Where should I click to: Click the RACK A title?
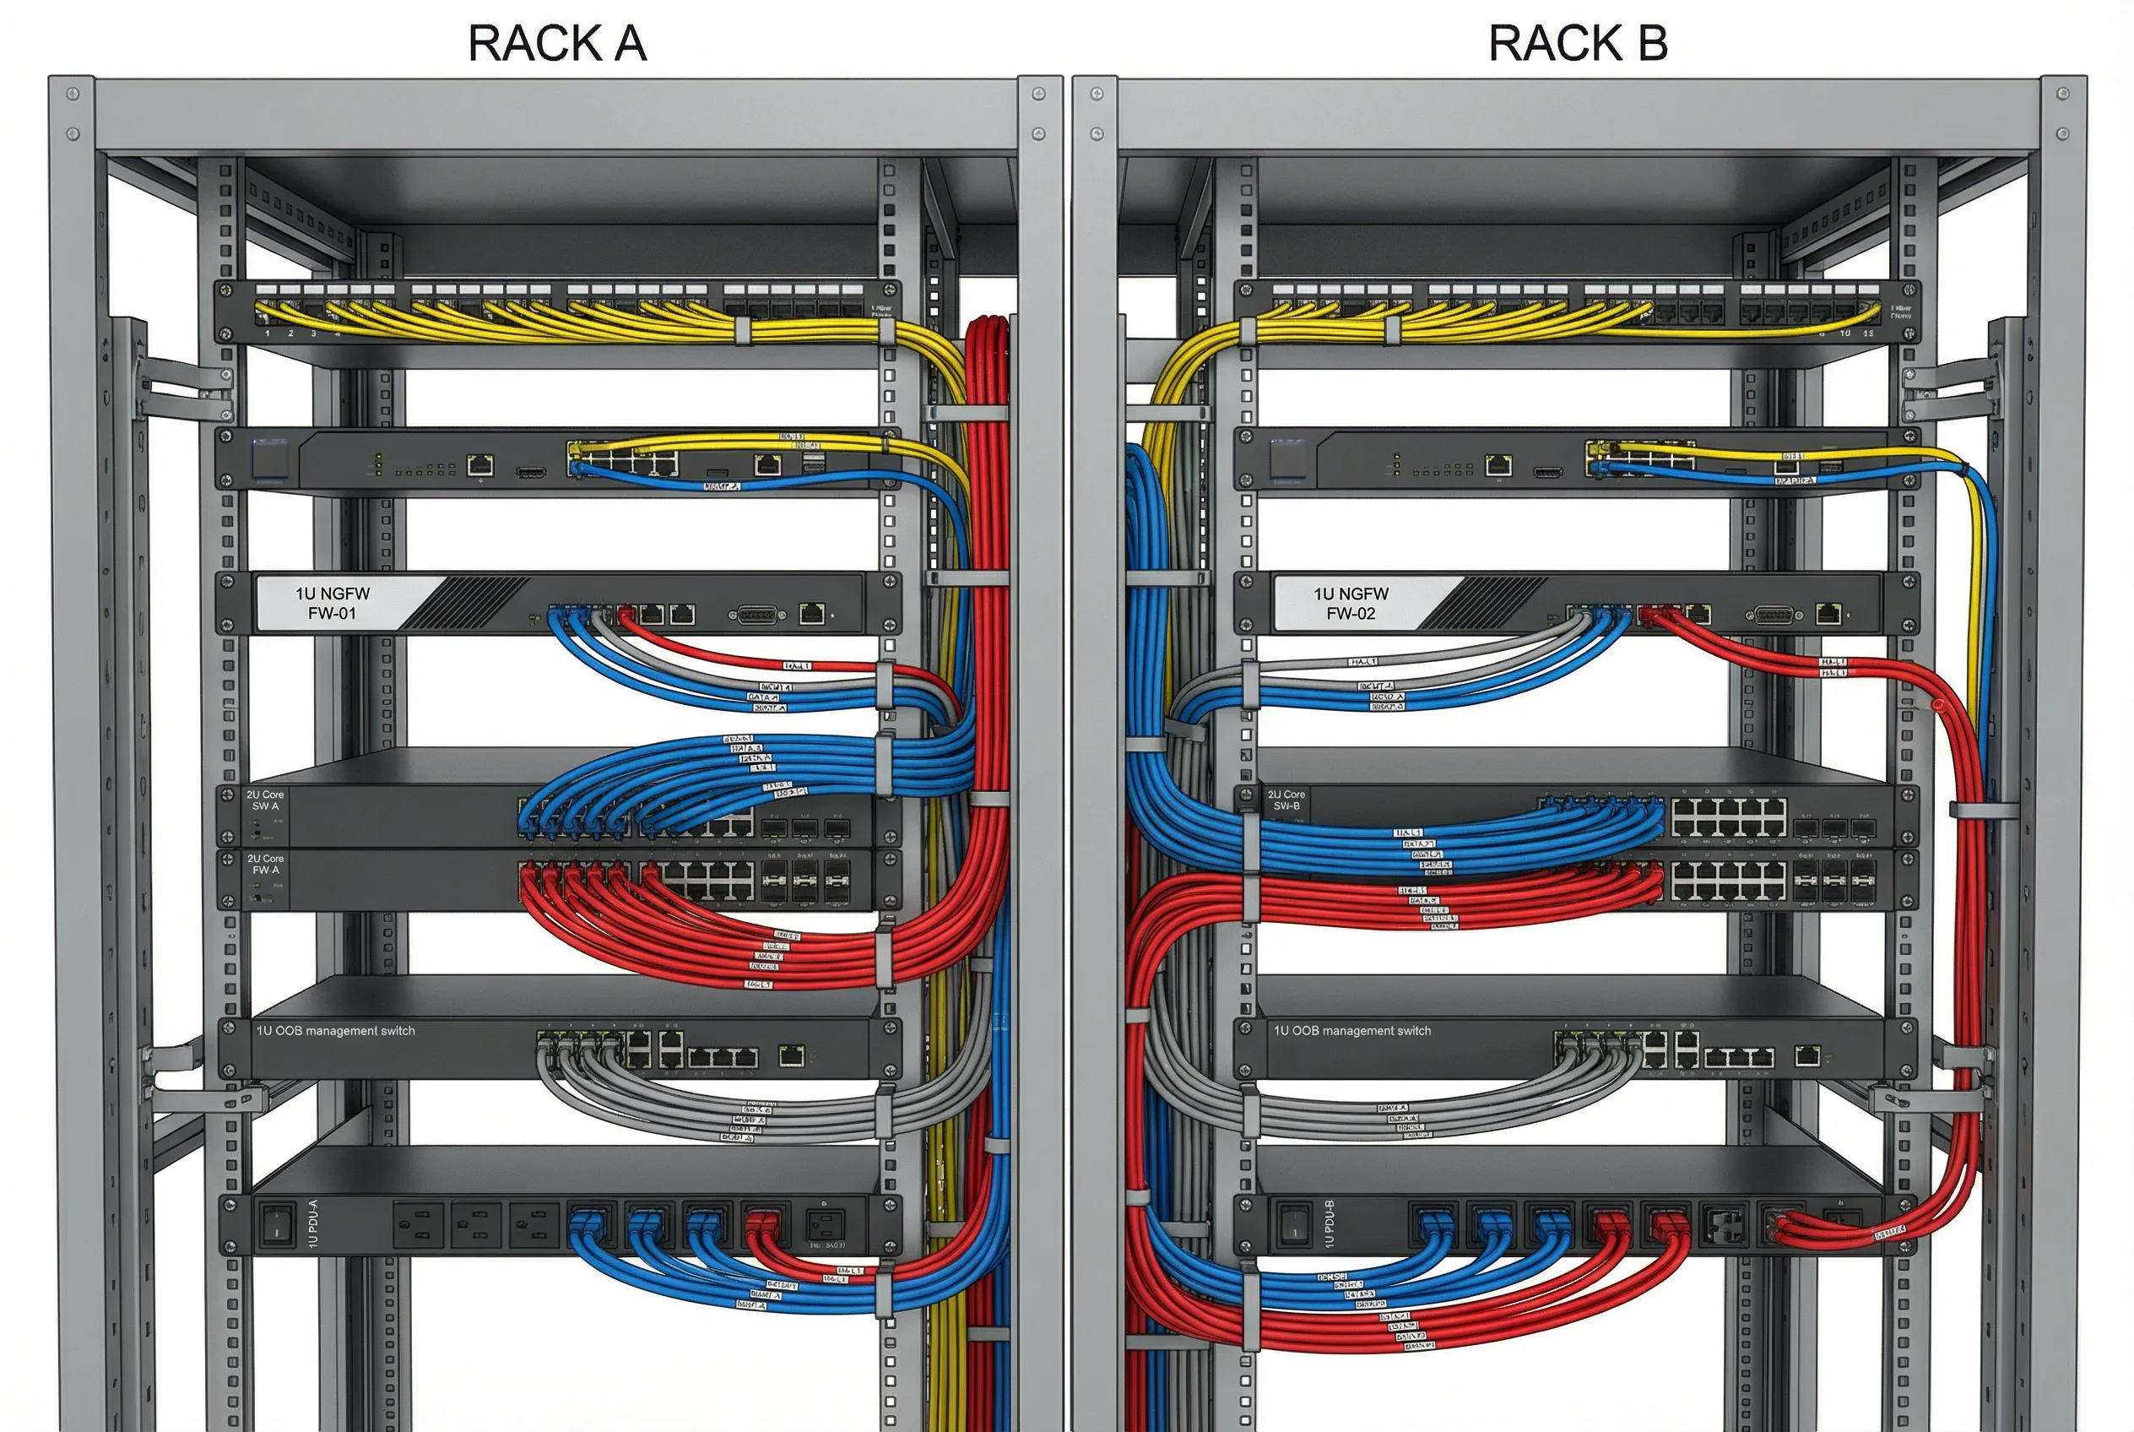click(557, 43)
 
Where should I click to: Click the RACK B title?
click(1577, 43)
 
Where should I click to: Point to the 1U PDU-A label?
click(313, 1223)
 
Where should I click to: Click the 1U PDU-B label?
click(1330, 1223)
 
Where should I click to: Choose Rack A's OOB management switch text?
click(335, 1031)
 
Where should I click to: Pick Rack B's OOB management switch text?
click(1352, 1031)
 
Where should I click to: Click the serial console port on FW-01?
click(757, 615)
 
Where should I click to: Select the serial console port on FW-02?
click(1774, 615)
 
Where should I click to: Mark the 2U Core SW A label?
click(265, 800)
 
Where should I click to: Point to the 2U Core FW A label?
click(265, 864)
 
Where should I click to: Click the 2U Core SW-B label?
click(1286, 800)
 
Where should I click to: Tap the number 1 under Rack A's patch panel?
click(268, 334)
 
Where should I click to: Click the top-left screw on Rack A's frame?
click(73, 94)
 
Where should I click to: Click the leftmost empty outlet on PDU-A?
click(417, 1223)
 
